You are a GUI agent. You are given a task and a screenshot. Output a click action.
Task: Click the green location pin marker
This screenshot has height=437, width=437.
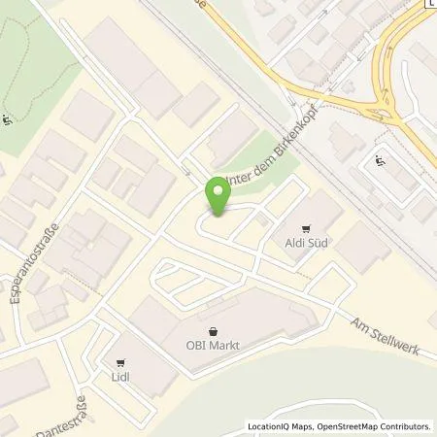pyautogui.click(x=218, y=196)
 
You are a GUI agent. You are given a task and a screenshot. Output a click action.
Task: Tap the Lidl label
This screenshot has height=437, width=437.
pyautogui.click(x=121, y=376)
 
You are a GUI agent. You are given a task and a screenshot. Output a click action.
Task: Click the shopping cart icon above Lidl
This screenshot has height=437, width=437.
pyautogui.click(x=122, y=361)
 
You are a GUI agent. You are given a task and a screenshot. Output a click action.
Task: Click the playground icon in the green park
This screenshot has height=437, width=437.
pyautogui.click(x=8, y=120)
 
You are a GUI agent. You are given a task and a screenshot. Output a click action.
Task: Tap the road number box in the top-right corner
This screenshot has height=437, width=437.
pyautogui.click(x=431, y=4)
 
